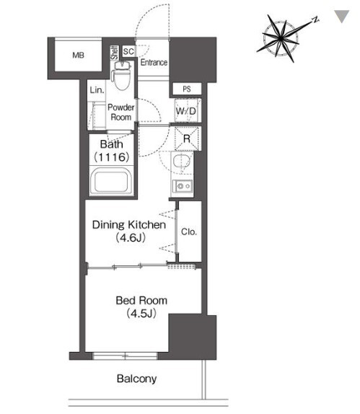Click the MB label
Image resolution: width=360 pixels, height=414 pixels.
pos(78,56)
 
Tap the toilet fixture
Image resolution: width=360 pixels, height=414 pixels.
pos(122,76)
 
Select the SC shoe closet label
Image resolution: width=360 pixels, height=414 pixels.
pos(128,51)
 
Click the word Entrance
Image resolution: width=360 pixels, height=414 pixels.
pos(154,63)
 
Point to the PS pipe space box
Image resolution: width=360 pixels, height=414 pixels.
pos(187,89)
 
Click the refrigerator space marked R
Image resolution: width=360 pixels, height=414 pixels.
pos(186,138)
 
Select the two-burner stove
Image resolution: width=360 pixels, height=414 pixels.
pos(183,186)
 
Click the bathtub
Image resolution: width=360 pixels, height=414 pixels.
pos(111,181)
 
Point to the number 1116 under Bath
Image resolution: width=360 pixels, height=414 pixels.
pos(111,157)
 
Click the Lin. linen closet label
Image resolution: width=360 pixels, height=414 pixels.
pos(97,90)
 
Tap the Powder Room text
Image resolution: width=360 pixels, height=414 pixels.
pos(121,113)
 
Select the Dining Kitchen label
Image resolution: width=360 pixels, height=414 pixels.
pos(129,225)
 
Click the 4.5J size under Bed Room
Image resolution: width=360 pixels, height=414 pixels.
pos(141,314)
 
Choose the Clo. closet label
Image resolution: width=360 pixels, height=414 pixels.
pos(189,232)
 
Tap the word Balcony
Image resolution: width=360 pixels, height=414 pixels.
pos(136,379)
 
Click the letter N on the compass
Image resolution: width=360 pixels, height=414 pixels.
pos(315,19)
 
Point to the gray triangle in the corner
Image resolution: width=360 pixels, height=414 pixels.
pos(342,17)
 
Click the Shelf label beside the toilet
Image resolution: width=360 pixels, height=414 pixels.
pos(115,53)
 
